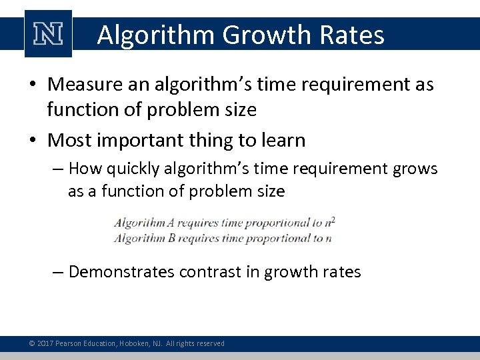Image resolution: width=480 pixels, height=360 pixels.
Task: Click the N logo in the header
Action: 48,34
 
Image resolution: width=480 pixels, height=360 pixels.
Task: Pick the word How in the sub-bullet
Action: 84,169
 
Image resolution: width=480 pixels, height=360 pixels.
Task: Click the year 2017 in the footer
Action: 46,343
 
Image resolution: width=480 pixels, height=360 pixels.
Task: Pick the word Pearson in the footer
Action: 70,343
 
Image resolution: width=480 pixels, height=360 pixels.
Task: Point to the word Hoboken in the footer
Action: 133,343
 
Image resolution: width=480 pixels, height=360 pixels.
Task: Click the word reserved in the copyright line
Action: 209,343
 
